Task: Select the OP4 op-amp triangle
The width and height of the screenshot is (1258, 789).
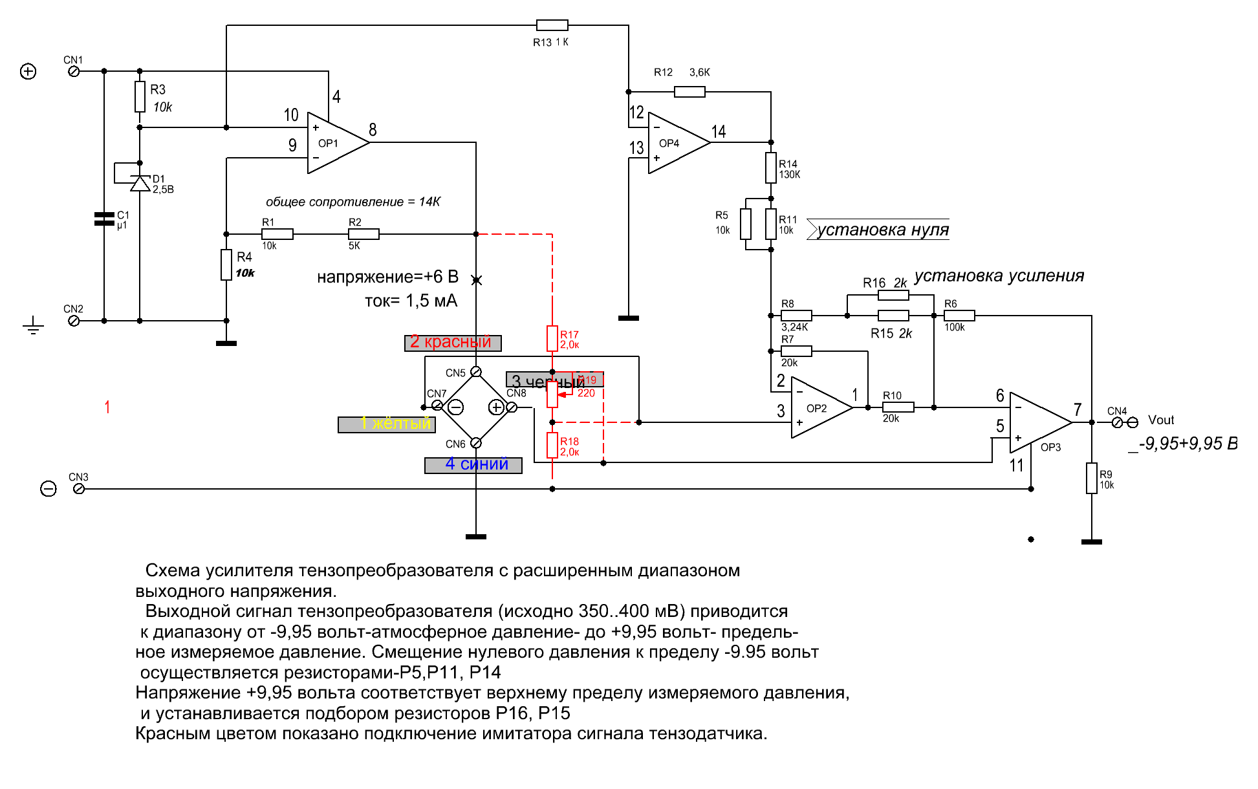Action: point(675,143)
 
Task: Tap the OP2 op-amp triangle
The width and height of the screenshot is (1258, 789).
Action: point(819,408)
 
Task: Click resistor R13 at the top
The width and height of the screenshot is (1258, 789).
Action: point(552,25)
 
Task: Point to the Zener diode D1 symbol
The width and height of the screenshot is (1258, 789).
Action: point(140,184)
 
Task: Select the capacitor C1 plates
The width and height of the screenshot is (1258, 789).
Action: point(104,219)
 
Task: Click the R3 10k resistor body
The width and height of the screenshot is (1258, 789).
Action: point(140,97)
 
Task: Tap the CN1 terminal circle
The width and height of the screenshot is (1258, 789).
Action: point(74,71)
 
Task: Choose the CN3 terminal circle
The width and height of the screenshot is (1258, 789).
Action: point(79,489)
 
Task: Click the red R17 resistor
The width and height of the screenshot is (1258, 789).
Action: point(552,338)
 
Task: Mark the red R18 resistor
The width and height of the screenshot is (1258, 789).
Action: point(552,445)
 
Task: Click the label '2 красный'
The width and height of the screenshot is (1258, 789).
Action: point(452,342)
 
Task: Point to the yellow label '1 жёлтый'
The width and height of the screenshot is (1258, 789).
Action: point(387,424)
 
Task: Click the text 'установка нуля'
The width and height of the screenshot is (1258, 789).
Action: point(881,230)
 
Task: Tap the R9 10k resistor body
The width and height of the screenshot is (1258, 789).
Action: point(1092,478)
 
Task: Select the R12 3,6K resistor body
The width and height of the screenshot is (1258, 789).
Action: point(689,92)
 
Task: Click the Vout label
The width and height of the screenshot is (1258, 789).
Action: point(1160,420)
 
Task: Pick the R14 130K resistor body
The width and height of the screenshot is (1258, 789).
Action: point(771,168)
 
